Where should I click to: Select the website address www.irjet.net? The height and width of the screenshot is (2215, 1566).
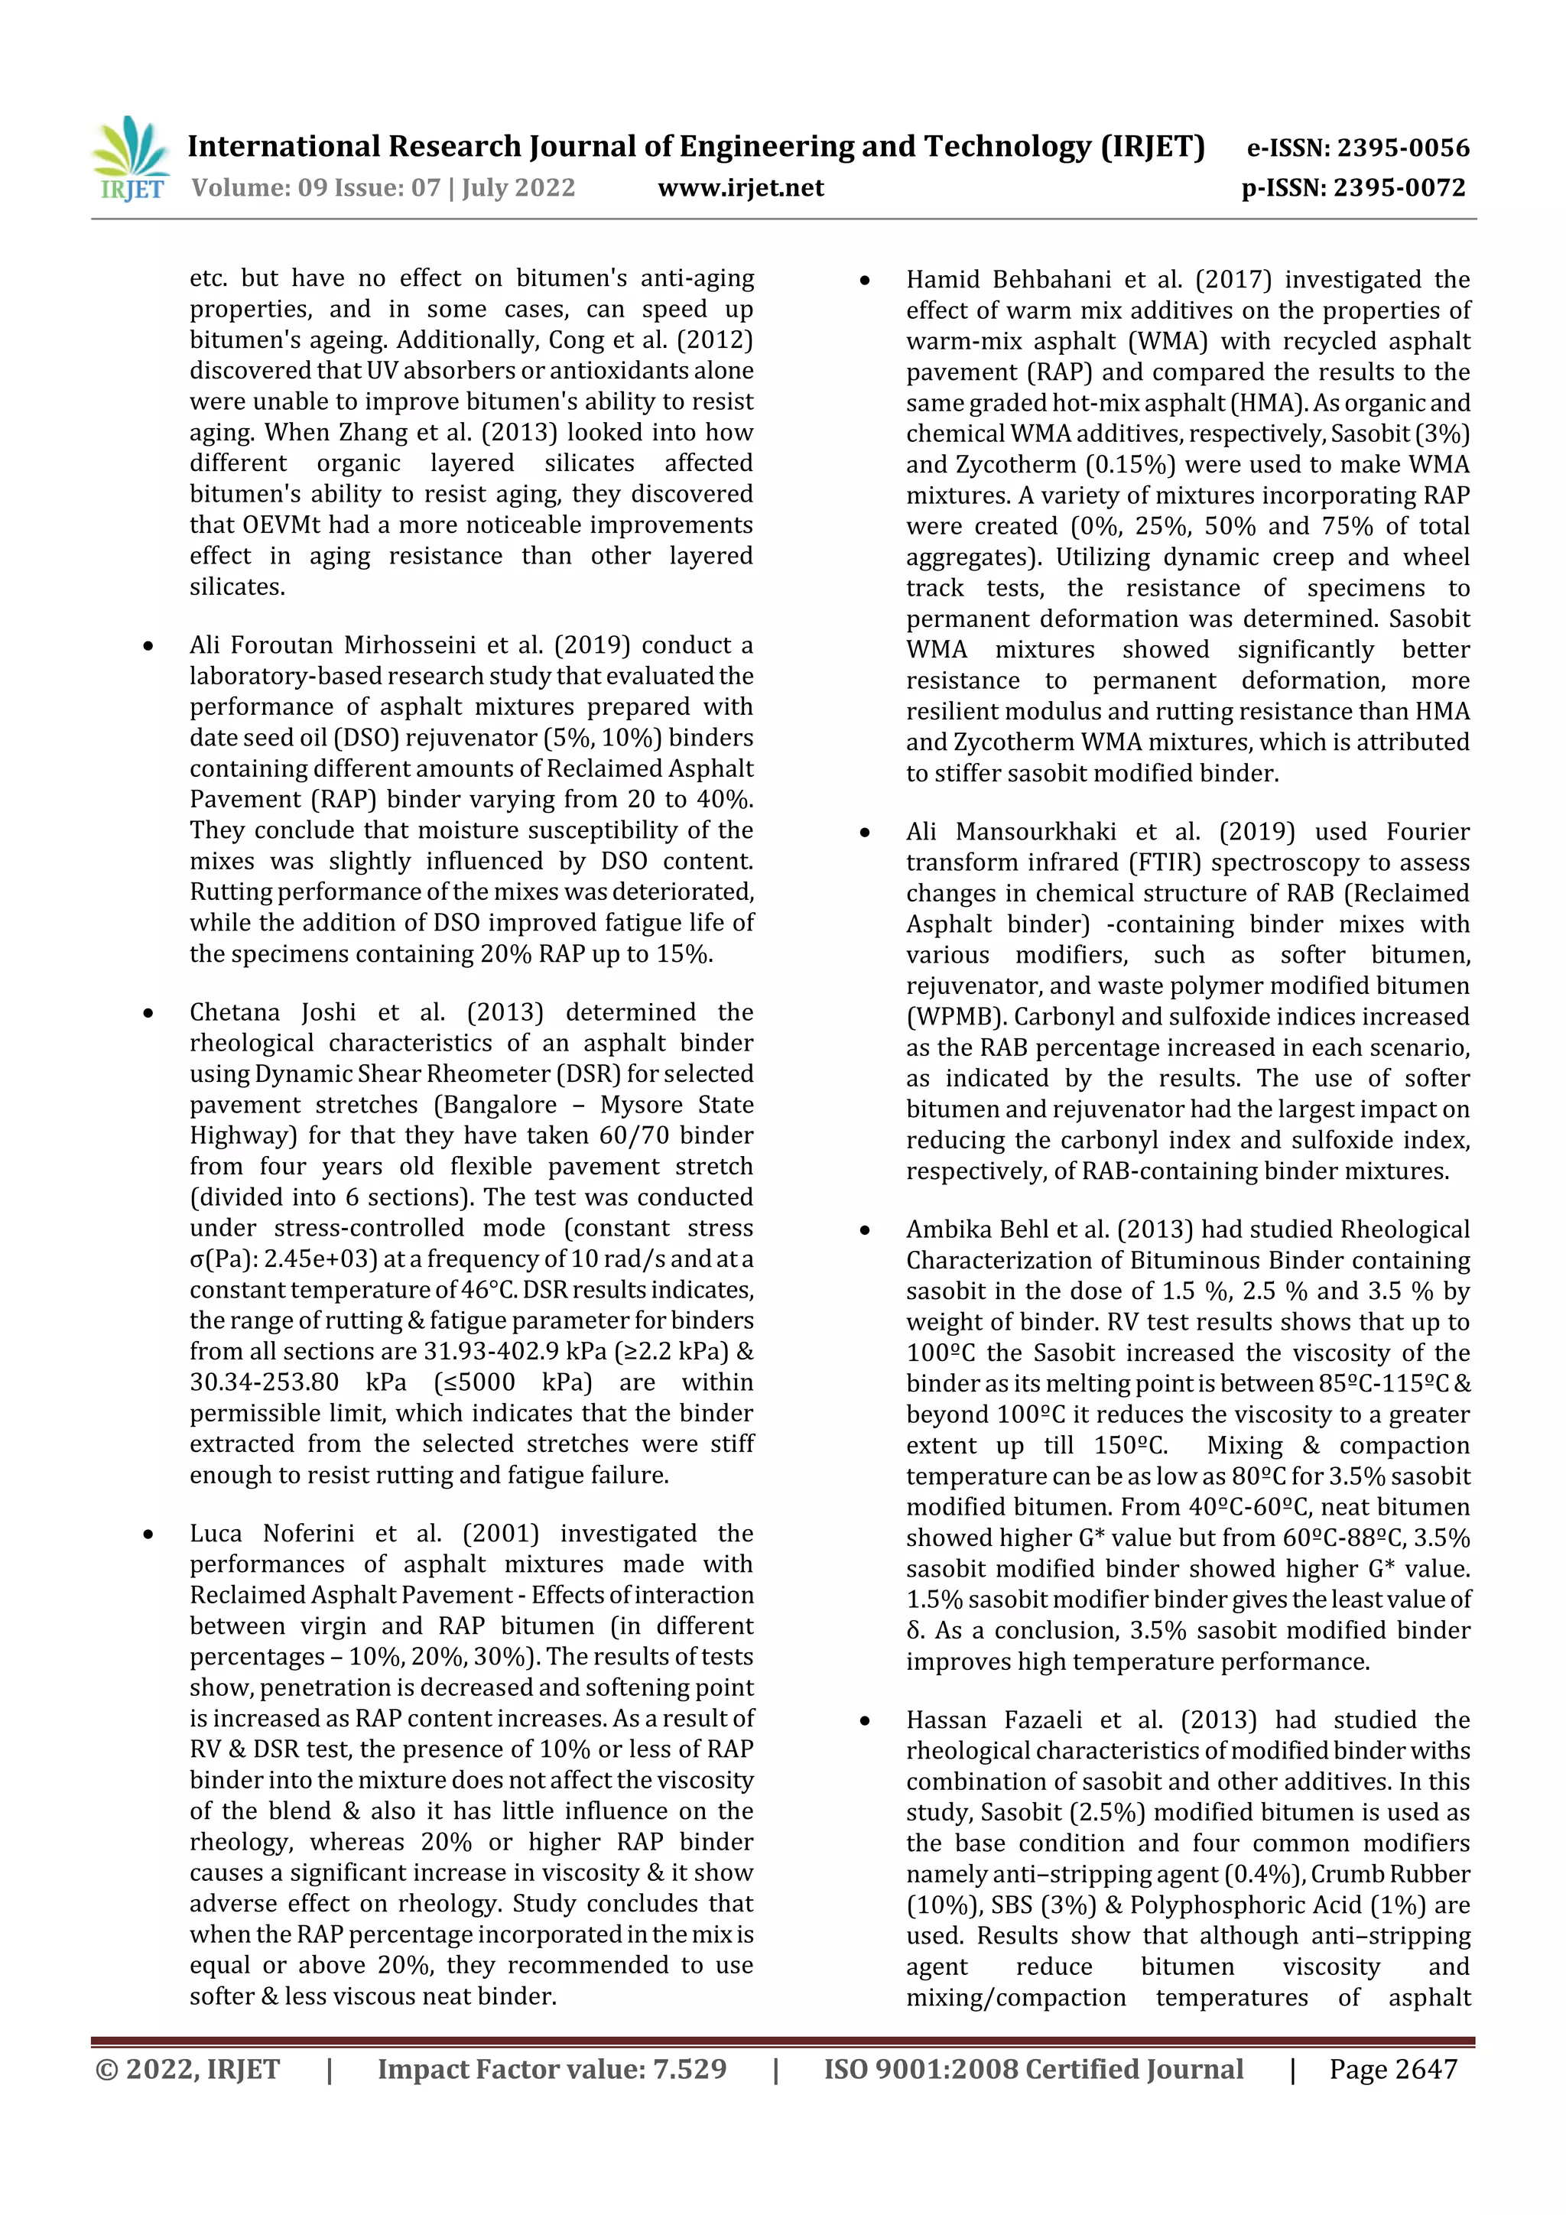click(x=740, y=187)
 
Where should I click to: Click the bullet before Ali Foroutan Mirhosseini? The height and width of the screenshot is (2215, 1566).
click(x=148, y=645)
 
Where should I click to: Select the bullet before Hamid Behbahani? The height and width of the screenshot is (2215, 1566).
click(x=865, y=281)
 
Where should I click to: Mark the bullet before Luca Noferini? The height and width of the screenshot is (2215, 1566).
click(x=148, y=1534)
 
